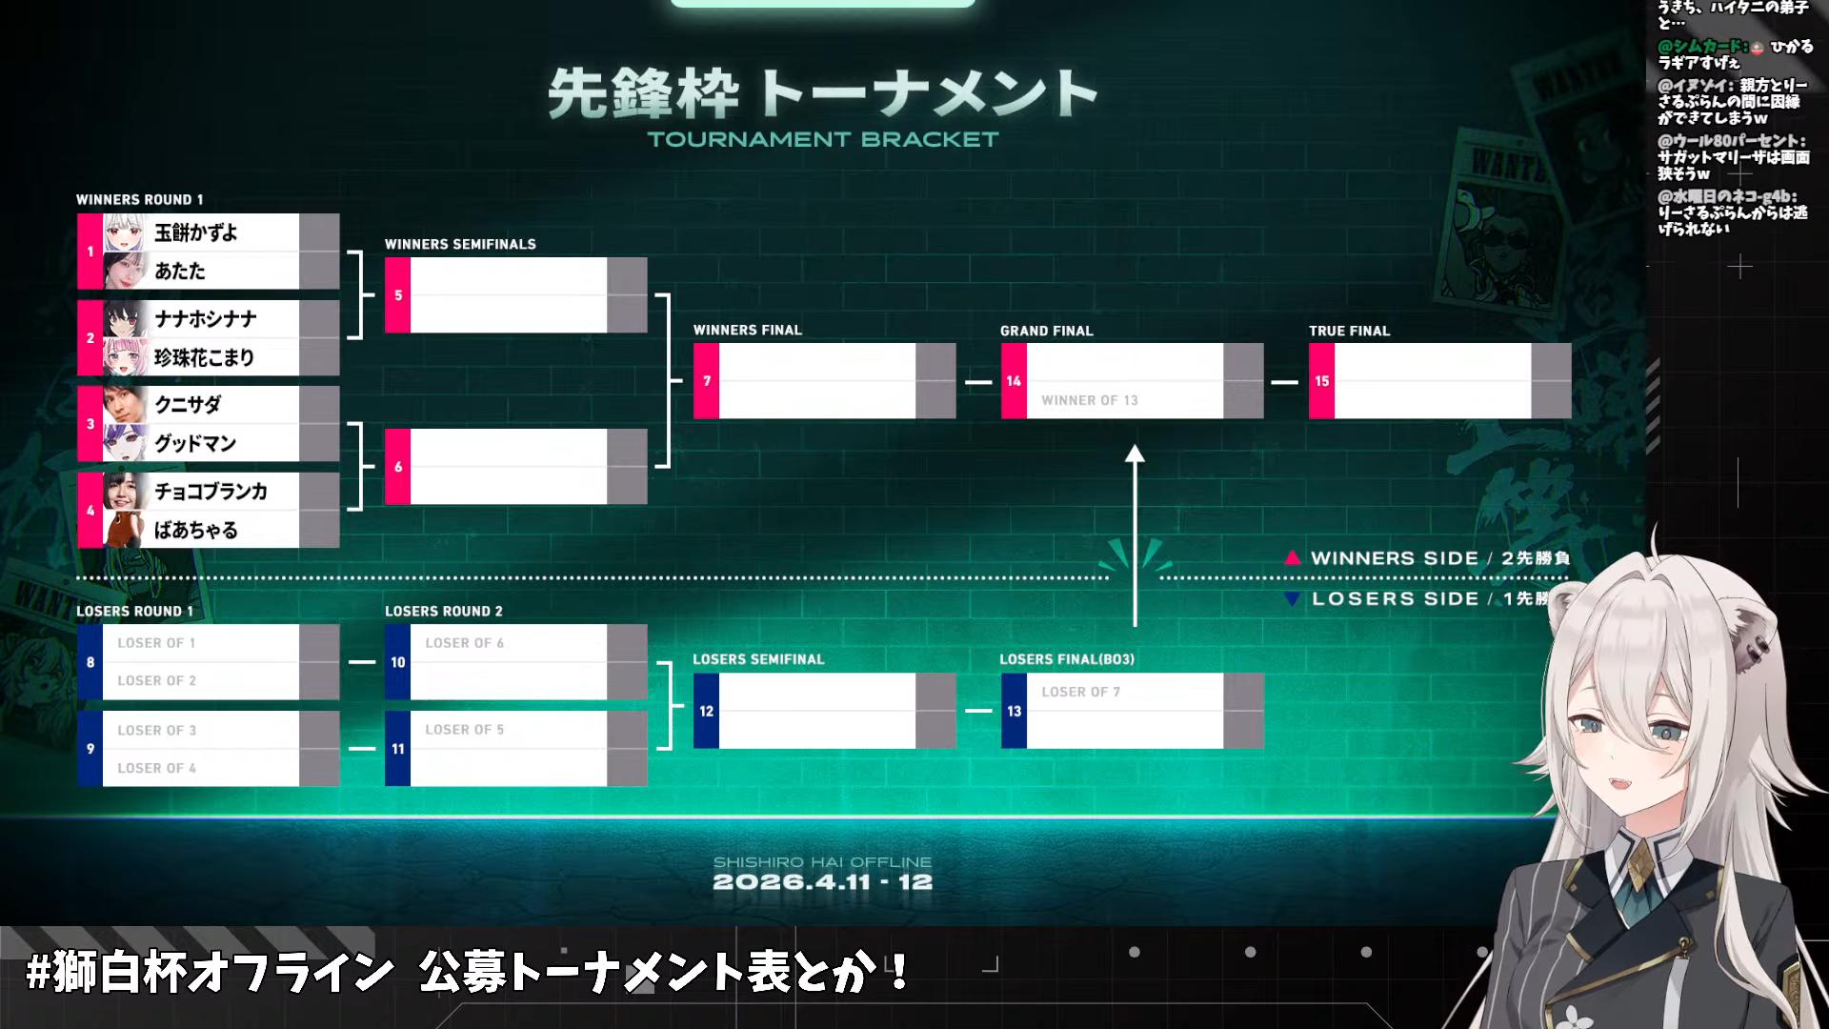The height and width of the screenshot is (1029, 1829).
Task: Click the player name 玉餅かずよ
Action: (195, 232)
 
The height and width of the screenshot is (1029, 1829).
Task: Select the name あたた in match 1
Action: (180, 272)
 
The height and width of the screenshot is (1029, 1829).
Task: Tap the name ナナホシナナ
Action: (206, 319)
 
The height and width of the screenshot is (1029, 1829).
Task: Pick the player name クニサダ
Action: (188, 405)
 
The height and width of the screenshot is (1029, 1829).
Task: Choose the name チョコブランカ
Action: (211, 492)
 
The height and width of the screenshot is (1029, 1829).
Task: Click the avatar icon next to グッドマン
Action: (125, 443)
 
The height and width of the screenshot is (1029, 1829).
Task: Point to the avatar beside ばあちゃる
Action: (123, 530)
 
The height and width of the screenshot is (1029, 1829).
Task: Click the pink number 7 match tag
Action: (707, 381)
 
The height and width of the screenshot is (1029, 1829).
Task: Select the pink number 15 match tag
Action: (1321, 381)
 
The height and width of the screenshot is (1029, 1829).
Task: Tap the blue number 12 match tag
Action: (706, 711)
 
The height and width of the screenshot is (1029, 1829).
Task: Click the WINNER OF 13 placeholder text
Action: (1089, 400)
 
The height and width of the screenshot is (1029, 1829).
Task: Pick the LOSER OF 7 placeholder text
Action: (1080, 692)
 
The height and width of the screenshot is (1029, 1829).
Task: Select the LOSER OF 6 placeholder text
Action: (464, 643)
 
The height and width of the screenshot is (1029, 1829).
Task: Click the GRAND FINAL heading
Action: (1046, 331)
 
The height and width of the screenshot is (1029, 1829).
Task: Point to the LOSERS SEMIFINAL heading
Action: (758, 659)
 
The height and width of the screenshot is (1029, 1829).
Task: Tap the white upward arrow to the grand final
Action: (1135, 534)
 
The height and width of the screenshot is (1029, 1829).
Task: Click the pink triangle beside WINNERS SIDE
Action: (1292, 558)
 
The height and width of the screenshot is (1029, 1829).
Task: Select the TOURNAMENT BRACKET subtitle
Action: (823, 140)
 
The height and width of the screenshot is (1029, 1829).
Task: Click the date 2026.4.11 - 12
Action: (822, 882)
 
